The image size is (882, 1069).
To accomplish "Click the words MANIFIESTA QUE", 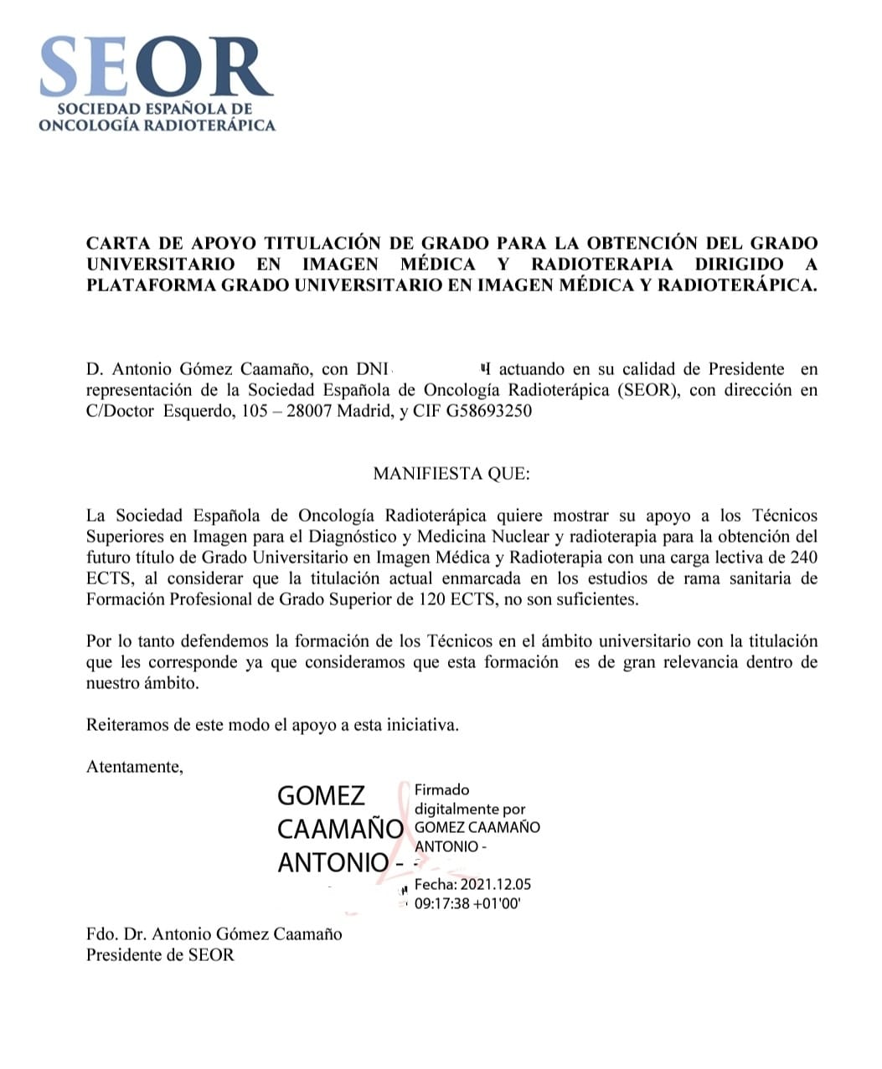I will [x=451, y=474].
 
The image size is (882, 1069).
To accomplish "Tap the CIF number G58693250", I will [x=489, y=411].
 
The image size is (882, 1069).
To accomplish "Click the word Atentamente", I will [x=134, y=766].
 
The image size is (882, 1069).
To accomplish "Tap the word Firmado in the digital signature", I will [x=442, y=789].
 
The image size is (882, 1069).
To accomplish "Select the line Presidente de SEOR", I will [x=160, y=955].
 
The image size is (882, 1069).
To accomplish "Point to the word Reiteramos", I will [x=127, y=725].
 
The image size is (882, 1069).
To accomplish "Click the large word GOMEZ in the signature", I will [x=322, y=796].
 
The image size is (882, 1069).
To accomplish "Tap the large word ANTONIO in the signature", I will [x=333, y=862].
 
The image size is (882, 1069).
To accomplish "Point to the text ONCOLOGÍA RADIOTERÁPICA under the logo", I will [x=157, y=126].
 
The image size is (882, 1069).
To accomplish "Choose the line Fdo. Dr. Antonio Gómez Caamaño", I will [x=214, y=934].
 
